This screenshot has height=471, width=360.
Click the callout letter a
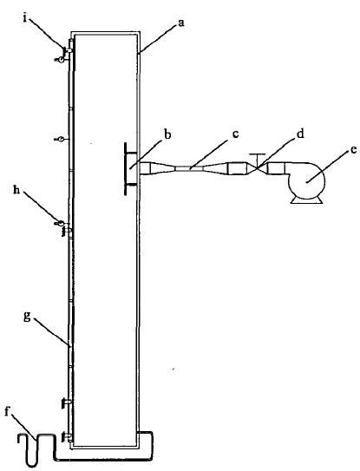[181, 23]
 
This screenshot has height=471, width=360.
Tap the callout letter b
[168, 134]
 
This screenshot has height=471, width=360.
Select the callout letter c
[235, 134]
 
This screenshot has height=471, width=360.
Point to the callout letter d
[300, 134]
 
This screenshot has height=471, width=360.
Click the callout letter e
[353, 149]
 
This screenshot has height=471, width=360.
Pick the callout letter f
[8, 411]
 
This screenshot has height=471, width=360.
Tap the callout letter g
[28, 317]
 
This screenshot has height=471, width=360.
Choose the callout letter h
[16, 191]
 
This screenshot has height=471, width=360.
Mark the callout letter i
[25, 18]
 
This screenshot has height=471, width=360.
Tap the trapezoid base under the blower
[306, 200]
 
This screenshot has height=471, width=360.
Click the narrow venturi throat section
[190, 169]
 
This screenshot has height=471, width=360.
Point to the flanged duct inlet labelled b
[131, 169]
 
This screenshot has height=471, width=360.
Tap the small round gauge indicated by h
[60, 223]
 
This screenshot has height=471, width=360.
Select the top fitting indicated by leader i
[69, 50]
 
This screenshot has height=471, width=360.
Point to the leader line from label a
[156, 40]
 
